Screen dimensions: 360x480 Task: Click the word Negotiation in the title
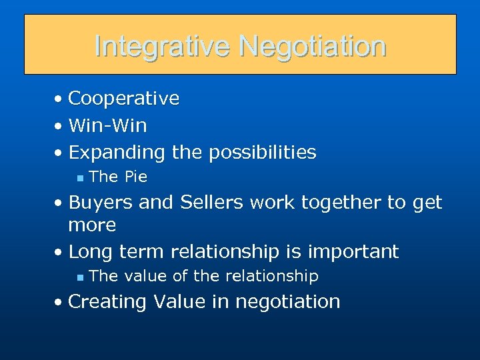(313, 46)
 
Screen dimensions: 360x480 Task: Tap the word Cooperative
(123, 99)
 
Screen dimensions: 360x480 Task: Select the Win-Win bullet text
(107, 125)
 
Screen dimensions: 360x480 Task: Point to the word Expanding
(116, 153)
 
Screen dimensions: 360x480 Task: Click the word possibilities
(262, 153)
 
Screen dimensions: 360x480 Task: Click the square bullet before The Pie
(79, 178)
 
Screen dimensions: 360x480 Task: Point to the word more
(92, 225)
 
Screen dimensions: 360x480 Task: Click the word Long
(91, 252)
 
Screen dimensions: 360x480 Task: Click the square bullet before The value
(79, 277)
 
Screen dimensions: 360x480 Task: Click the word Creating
(108, 302)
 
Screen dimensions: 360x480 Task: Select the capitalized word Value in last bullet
(179, 301)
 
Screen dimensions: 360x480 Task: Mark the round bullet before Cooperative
(59, 99)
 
